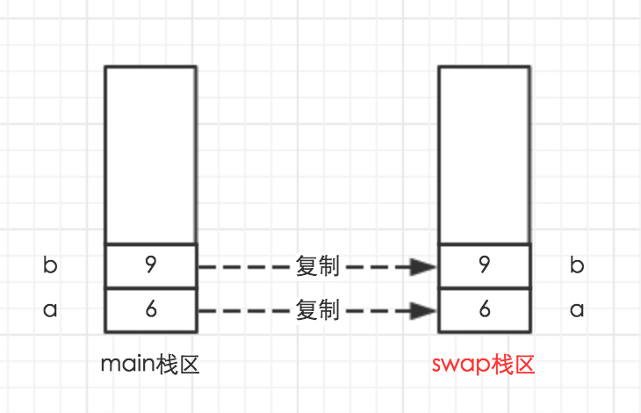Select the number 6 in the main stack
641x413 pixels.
(150, 310)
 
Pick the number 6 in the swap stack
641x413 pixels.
(484, 310)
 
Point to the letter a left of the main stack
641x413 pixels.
(50, 310)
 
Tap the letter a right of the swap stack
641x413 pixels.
(577, 310)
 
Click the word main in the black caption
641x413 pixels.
(128, 364)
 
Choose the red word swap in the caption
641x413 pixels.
(460, 364)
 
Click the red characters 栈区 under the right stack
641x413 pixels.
(513, 363)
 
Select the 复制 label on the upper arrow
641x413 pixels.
(318, 266)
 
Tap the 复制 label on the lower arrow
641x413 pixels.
(318, 310)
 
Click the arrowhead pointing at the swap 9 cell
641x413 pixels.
(427, 266)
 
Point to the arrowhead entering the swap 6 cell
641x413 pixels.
(427, 310)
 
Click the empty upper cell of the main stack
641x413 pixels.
(150, 154)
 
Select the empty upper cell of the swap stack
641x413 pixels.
(484, 154)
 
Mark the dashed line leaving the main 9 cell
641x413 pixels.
(246, 266)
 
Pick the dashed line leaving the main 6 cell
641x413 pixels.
(246, 310)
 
